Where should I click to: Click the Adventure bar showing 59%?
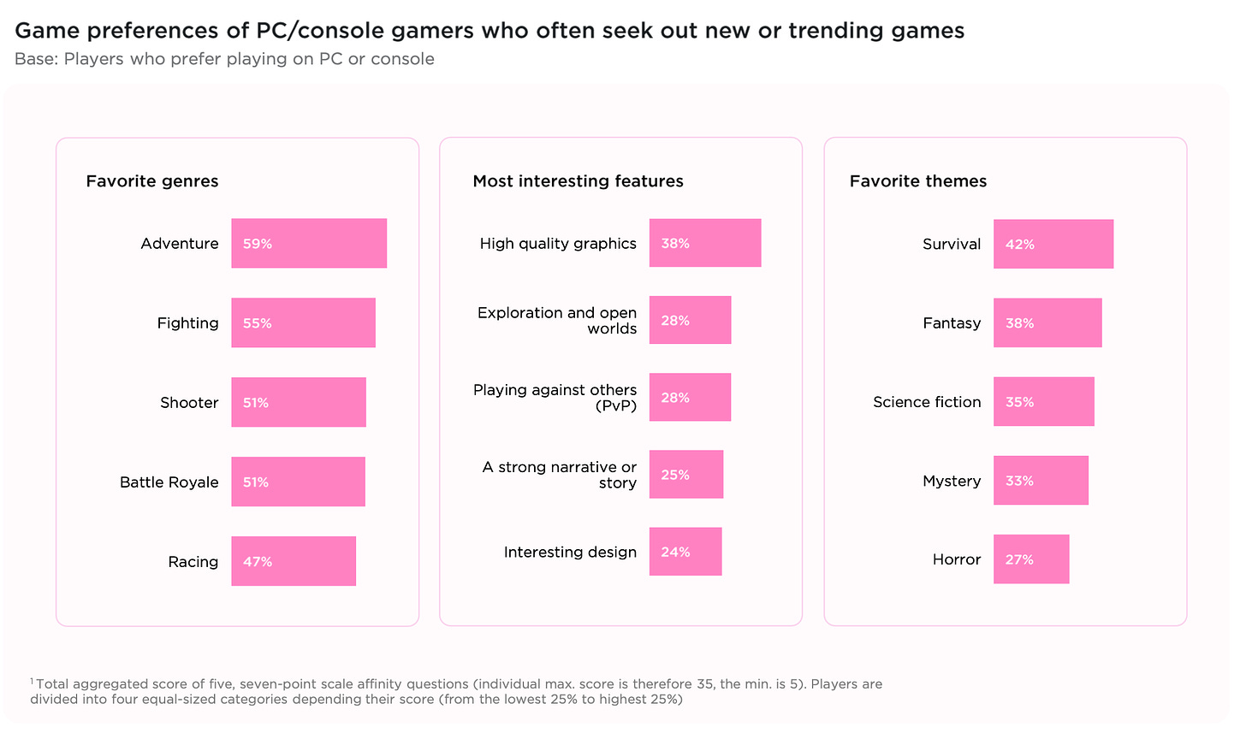pyautogui.click(x=309, y=244)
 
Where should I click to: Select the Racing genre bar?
pyautogui.click(x=294, y=561)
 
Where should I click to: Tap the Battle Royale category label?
pyautogui.click(x=169, y=482)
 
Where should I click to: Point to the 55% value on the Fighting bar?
pyautogui.click(x=257, y=323)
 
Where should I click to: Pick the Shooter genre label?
pyautogui.click(x=189, y=403)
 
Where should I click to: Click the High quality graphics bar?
pyautogui.click(x=705, y=243)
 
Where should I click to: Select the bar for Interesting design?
pyautogui.click(x=685, y=552)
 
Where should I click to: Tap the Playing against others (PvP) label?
pyautogui.click(x=555, y=398)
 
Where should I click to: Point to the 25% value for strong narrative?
pyautogui.click(x=675, y=475)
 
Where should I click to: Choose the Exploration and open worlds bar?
pyautogui.click(x=690, y=320)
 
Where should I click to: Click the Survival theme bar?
pyautogui.click(x=1053, y=244)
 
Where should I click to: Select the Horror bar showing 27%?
pyautogui.click(x=1031, y=559)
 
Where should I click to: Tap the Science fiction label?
pyautogui.click(x=927, y=402)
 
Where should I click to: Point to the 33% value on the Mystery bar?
pyautogui.click(x=1019, y=481)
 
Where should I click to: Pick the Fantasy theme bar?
pyautogui.click(x=1047, y=323)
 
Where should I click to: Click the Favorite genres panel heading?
pyautogui.click(x=152, y=181)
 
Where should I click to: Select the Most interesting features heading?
pyautogui.click(x=578, y=181)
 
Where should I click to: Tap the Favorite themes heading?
pyautogui.click(x=918, y=181)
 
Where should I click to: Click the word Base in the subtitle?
pyautogui.click(x=35, y=59)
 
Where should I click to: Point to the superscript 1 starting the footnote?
pyautogui.click(x=32, y=681)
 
